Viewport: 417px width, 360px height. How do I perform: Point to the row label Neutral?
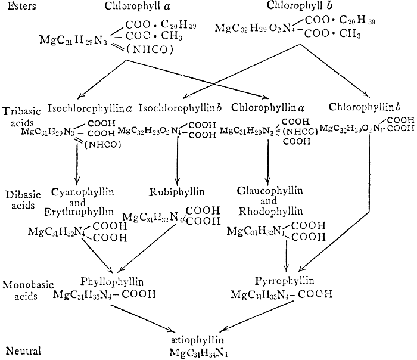[x=21, y=350]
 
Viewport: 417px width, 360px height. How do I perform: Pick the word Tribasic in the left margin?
[x=22, y=111]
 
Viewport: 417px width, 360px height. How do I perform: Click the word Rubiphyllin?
[x=177, y=192]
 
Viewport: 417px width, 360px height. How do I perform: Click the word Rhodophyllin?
[x=270, y=210]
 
